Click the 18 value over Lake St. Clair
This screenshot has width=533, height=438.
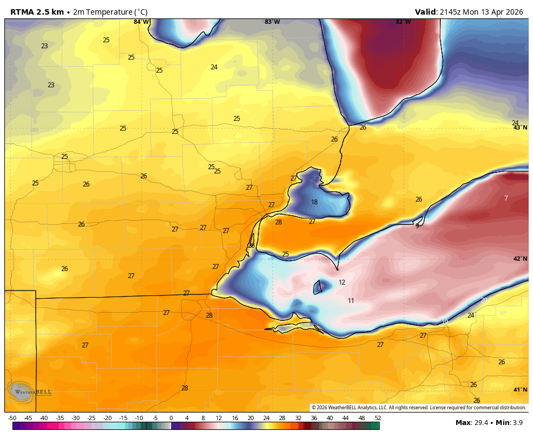[x=314, y=202]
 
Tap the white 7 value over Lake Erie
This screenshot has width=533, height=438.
[x=506, y=198]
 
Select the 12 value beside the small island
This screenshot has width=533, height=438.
[x=342, y=282]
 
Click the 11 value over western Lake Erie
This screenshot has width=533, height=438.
[x=351, y=301]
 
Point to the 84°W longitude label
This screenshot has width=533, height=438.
[x=141, y=22]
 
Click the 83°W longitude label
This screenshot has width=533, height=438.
[x=272, y=22]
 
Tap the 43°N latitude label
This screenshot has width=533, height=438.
[x=520, y=128]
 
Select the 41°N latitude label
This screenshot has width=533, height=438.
[x=520, y=390]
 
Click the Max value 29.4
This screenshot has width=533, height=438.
[x=479, y=423]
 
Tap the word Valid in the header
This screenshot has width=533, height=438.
[x=425, y=12]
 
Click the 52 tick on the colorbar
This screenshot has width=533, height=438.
[x=377, y=418]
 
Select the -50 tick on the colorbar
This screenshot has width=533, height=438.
[x=12, y=418]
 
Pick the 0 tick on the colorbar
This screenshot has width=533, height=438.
[x=171, y=418]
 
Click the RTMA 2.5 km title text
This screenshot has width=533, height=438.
[x=37, y=12]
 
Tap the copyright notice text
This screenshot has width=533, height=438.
[x=418, y=408]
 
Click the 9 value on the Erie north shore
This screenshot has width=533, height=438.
[x=417, y=226]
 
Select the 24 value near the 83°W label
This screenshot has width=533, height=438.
[x=214, y=67]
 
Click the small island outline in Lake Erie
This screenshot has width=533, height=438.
[x=318, y=287]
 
